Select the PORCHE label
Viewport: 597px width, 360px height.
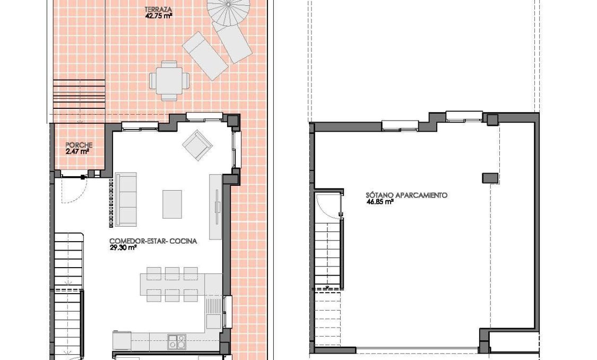(79, 145)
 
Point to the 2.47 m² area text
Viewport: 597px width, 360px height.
(77, 151)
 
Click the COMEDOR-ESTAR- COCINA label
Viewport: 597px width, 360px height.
(153, 241)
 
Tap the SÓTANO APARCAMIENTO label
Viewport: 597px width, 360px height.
(406, 195)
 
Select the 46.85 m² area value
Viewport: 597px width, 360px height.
(379, 202)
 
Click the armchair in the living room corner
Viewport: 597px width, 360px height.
(197, 144)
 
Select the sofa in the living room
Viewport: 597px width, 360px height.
(126, 199)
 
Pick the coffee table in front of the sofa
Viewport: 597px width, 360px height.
(172, 204)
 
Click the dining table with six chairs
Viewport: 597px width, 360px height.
(172, 285)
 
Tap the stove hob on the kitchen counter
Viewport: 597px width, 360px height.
(176, 341)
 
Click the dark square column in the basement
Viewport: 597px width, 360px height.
(489, 178)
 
